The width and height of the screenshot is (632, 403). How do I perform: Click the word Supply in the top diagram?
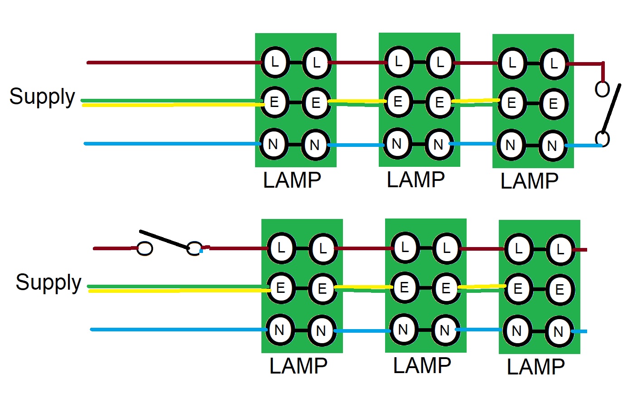click(42, 97)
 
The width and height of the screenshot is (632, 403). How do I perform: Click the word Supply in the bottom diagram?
click(48, 283)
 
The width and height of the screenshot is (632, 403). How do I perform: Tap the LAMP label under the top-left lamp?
click(292, 180)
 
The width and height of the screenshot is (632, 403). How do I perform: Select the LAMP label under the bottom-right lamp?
click(536, 367)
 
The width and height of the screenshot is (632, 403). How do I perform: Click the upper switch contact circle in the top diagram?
click(602, 89)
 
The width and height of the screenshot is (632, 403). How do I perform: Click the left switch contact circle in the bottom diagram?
click(145, 248)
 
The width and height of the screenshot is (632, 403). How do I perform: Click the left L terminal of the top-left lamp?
click(275, 62)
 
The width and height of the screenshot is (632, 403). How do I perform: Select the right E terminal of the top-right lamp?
click(553, 104)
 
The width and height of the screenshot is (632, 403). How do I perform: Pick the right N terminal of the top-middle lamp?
click(438, 145)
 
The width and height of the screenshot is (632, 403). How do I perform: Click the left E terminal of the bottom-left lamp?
click(280, 288)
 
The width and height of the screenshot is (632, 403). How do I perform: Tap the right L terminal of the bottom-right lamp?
click(560, 249)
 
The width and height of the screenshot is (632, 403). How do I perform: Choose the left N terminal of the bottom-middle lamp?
click(403, 330)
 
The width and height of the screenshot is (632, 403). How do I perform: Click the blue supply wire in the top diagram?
click(172, 144)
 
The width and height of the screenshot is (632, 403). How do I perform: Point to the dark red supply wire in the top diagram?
click(172, 62)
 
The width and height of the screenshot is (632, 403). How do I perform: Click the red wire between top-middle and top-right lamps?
click(476, 63)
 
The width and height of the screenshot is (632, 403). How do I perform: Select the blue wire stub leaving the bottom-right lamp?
click(580, 332)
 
